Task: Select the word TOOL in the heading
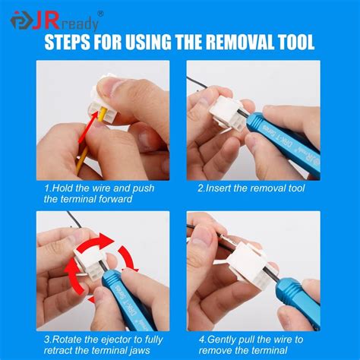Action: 293,42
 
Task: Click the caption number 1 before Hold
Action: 47,187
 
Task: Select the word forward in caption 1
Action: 117,199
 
